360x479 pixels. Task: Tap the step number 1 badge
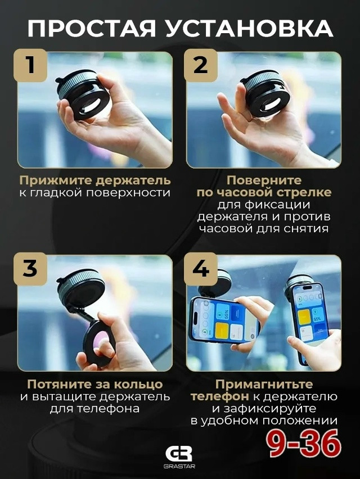coord(30,65)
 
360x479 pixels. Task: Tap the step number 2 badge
coord(200,65)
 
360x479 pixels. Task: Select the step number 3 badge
coord(30,268)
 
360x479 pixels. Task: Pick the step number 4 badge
coord(200,268)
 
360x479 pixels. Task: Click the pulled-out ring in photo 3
coord(98,340)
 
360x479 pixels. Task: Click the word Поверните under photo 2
coord(264,180)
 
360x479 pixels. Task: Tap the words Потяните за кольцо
coord(94,385)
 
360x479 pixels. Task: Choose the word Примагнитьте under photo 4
coord(264,385)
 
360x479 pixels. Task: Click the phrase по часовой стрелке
coord(264,193)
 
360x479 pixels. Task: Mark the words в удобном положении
coord(264,421)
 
